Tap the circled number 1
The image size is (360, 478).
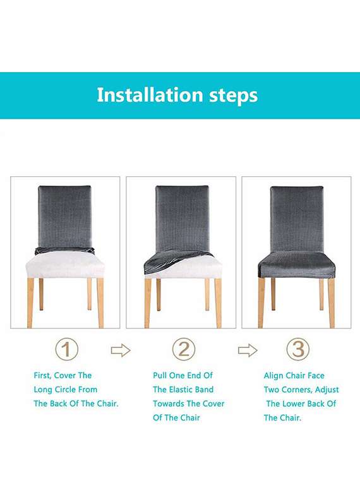pos(67,349)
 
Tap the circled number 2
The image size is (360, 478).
pos(184,349)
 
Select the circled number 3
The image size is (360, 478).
pos(298,349)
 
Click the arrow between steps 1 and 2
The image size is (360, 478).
pos(120,350)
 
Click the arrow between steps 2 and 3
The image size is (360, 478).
pos(248,350)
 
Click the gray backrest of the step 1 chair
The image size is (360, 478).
pos(64,215)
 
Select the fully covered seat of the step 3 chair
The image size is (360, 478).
pos(296,264)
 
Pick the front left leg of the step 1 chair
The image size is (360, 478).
pos(30,302)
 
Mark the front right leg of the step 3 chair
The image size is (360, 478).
pos(332,302)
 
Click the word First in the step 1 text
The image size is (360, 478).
pos(44,376)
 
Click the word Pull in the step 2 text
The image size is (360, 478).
pos(160,376)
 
